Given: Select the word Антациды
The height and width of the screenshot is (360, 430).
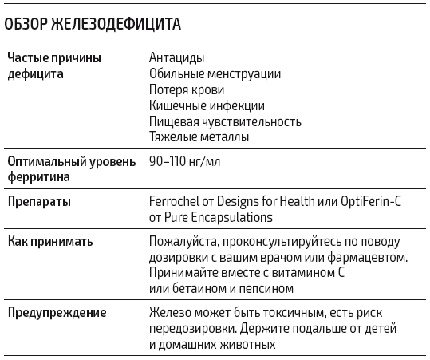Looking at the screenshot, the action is pyautogui.click(x=176, y=58).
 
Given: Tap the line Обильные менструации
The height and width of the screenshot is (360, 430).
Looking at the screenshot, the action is pyautogui.click(x=215, y=74).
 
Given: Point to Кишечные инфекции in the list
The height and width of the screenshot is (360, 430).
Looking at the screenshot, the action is pyautogui.click(x=207, y=105).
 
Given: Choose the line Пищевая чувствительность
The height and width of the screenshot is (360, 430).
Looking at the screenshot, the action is pyautogui.click(x=225, y=121).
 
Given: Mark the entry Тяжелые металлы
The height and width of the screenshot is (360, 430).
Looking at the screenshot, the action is pyautogui.click(x=199, y=136).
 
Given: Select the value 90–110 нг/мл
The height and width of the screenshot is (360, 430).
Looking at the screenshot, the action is pyautogui.click(x=183, y=161).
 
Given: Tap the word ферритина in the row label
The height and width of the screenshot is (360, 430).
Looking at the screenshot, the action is pyautogui.click(x=38, y=176).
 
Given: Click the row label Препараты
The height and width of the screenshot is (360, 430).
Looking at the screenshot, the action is pyautogui.click(x=39, y=201).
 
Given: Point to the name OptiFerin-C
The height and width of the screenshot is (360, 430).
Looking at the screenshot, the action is pyautogui.click(x=367, y=201).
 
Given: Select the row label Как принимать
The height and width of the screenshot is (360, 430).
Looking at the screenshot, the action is pyautogui.click(x=50, y=241).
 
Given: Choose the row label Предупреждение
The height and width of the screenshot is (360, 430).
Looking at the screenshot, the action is pyautogui.click(x=57, y=313).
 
